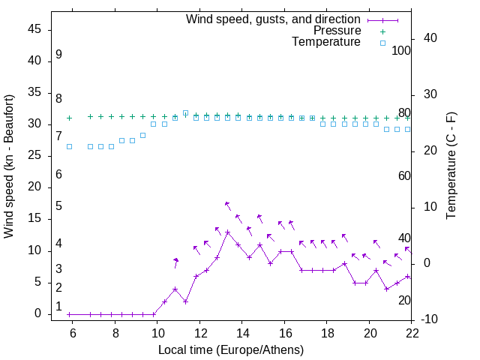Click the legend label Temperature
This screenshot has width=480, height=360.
[326, 43]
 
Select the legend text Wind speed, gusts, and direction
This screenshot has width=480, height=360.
[274, 19]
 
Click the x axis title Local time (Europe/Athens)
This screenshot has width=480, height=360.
[231, 349]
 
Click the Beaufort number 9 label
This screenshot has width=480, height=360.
[58, 55]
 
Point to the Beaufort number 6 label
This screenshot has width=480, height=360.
[58, 175]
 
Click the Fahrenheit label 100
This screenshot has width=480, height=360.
[402, 50]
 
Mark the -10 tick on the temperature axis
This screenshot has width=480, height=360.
[430, 319]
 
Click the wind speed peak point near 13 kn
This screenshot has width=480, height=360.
[227, 232]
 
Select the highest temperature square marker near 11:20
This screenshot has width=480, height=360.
[185, 113]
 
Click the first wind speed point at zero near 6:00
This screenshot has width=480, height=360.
[69, 314]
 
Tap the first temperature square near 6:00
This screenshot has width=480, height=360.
[69, 146]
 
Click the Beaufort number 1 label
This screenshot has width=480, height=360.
[58, 306]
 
